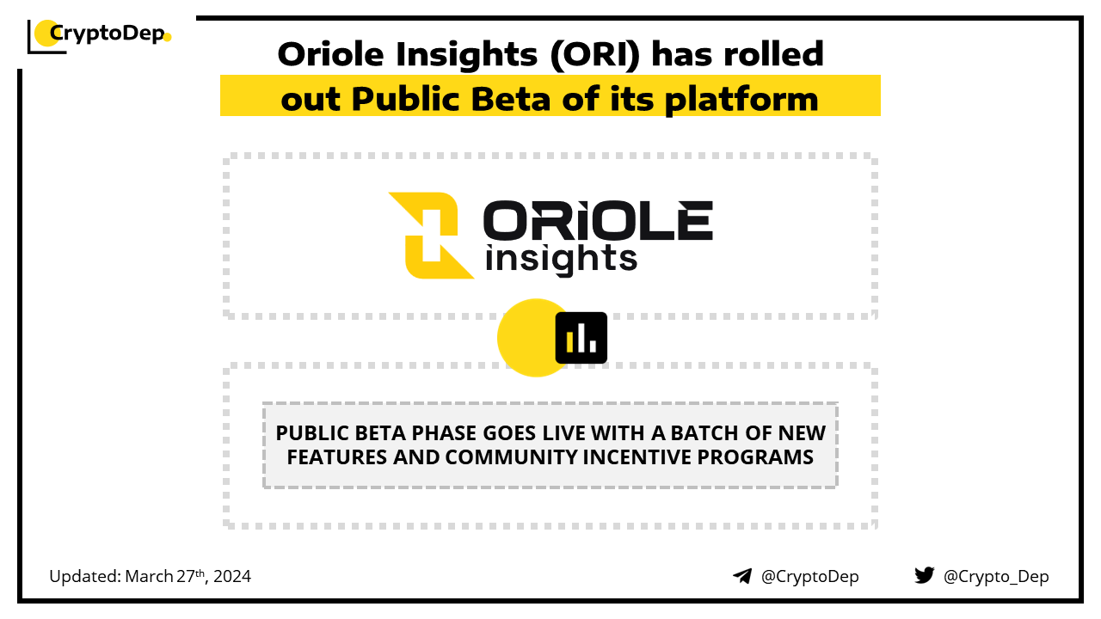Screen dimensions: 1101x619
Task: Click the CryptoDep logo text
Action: (x=108, y=34)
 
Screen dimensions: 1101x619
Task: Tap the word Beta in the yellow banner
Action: (x=511, y=99)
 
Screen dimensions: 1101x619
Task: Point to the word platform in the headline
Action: (x=741, y=101)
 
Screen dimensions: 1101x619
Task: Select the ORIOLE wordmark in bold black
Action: (x=598, y=220)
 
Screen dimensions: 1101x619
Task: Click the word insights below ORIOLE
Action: (x=562, y=259)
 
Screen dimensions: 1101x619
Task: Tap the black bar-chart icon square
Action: (x=581, y=338)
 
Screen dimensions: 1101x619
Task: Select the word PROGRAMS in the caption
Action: (x=755, y=457)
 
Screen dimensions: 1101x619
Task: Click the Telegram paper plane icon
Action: (x=742, y=576)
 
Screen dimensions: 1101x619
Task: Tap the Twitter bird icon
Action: (x=925, y=575)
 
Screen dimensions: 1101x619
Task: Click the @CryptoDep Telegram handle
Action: (x=810, y=576)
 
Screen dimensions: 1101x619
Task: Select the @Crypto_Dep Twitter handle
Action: (x=996, y=577)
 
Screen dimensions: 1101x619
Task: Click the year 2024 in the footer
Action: (x=232, y=576)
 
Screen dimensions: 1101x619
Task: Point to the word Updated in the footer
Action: (x=84, y=576)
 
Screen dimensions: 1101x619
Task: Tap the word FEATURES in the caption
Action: (x=336, y=457)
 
